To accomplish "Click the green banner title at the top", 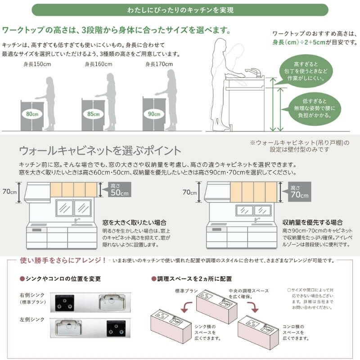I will click(x=180, y=9).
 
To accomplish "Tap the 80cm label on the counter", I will click(x=32, y=114).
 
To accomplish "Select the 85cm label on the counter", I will click(x=94, y=114).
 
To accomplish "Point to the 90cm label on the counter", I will click(x=154, y=114).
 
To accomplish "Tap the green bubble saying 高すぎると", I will click(x=309, y=71).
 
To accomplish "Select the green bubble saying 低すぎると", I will click(x=316, y=108).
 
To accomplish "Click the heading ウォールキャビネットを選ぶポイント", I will click(x=100, y=150).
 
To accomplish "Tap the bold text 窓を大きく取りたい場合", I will click(x=135, y=222).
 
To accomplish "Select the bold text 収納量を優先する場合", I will click(x=312, y=222).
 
